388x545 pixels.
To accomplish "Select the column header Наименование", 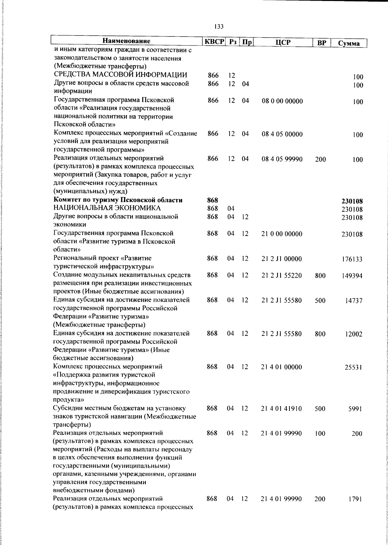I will coord(126,41).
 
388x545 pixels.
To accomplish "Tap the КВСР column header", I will coord(214,42).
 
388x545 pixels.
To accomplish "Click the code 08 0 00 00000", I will coord(282,101).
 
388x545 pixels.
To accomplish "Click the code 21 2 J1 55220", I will coord(282,275).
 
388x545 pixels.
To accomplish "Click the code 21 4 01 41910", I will coord(281,409).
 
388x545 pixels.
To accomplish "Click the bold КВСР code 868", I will coord(212,200).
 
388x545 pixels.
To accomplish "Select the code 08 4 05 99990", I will coord(282,159).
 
